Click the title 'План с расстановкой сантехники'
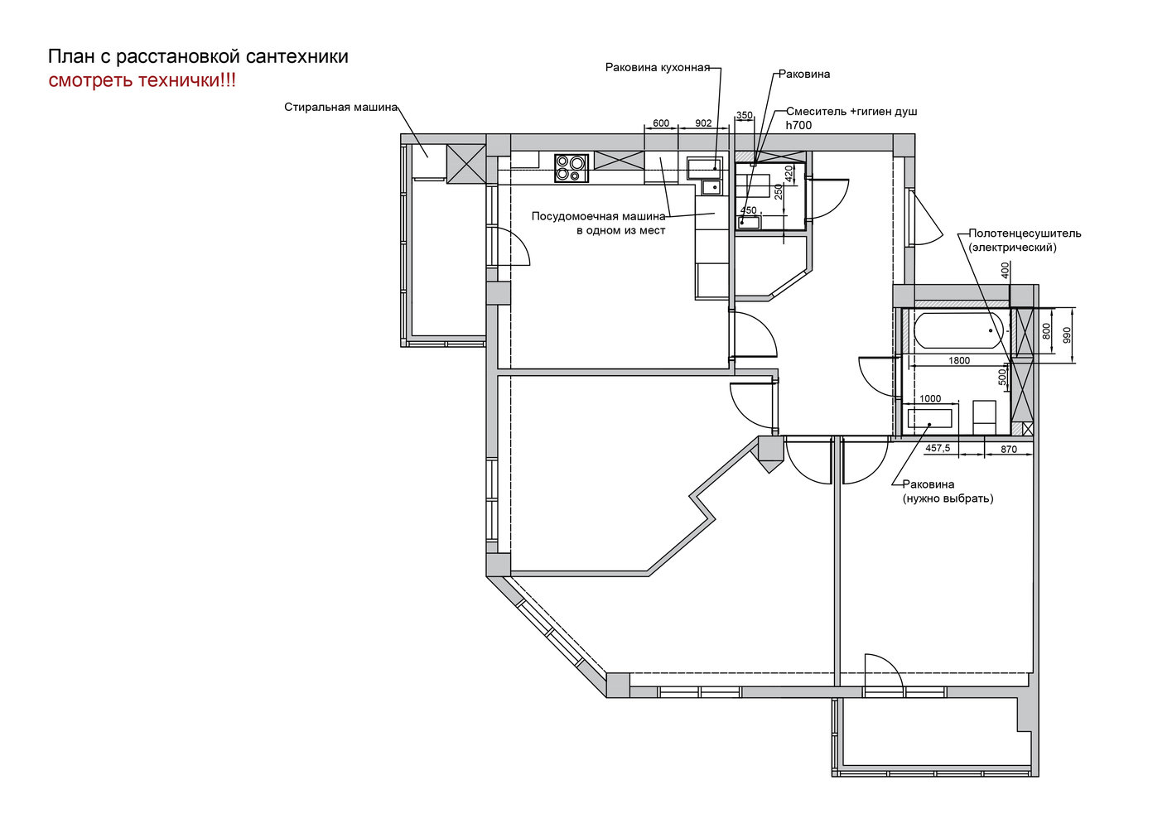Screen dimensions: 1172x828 [x=198, y=56]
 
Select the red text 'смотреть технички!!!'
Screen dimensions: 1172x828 [x=142, y=80]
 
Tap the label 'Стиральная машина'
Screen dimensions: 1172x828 [x=341, y=108]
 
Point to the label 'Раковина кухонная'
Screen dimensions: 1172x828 [x=657, y=67]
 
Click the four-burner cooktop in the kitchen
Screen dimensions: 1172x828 [x=572, y=168]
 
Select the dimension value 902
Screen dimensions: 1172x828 [x=703, y=123]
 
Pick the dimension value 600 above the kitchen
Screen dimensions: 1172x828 [x=661, y=123]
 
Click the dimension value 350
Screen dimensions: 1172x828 [x=744, y=115]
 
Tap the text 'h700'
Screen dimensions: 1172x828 [x=798, y=125]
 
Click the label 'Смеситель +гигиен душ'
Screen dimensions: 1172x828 [x=851, y=112]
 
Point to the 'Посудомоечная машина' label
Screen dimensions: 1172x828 [x=599, y=216]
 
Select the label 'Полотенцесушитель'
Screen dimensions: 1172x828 [x=1025, y=233]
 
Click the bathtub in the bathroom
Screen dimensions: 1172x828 [x=958, y=330]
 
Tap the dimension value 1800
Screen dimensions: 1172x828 [x=959, y=360]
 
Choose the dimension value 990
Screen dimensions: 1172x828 [x=1067, y=335]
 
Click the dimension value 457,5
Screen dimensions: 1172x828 [x=938, y=448]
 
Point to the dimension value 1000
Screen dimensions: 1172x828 [x=930, y=398]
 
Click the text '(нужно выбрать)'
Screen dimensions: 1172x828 [x=948, y=498]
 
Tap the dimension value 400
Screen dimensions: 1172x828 [x=1005, y=270]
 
